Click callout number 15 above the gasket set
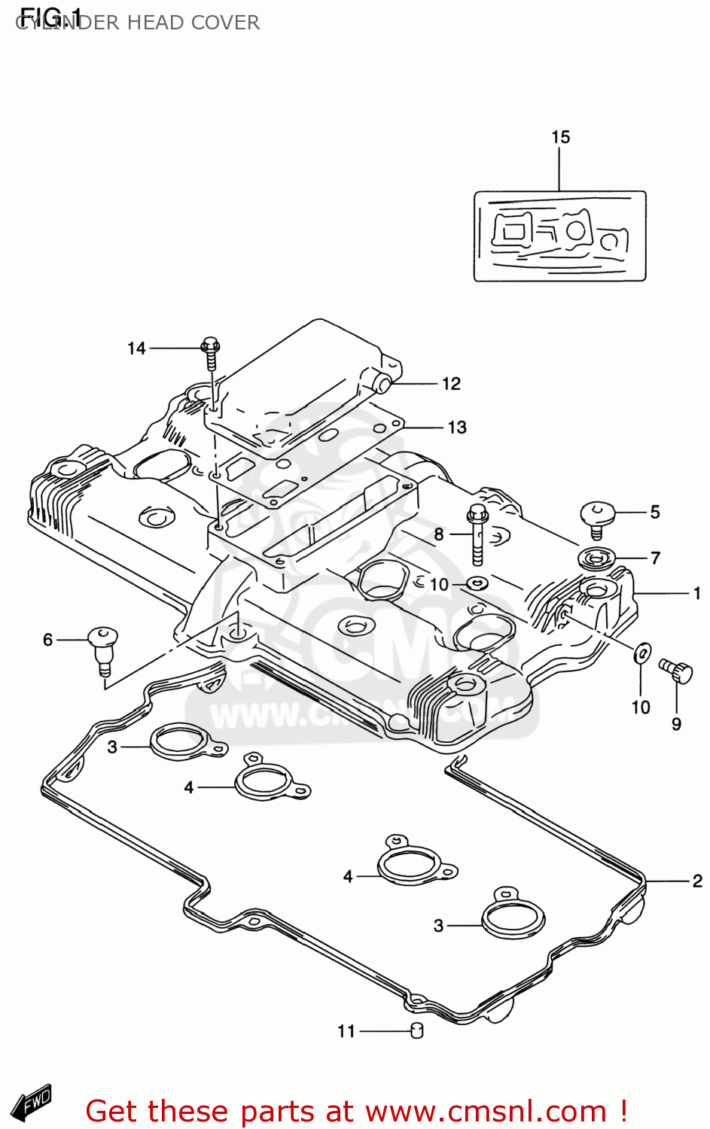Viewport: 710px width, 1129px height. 560,137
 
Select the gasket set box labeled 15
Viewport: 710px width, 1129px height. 559,236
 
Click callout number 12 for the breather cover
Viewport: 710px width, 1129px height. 451,384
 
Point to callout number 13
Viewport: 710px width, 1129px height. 457,428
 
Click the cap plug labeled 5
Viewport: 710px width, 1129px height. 598,517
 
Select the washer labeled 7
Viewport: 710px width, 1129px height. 596,558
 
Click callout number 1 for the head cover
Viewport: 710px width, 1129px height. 696,593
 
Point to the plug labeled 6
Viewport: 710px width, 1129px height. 102,647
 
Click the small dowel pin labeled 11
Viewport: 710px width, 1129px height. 416,1030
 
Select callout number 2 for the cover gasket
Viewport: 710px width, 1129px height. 697,880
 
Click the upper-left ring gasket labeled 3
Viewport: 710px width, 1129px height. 183,742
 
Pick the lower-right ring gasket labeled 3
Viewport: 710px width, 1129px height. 513,918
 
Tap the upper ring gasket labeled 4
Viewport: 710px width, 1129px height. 267,781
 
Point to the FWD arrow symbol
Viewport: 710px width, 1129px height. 35,1101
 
